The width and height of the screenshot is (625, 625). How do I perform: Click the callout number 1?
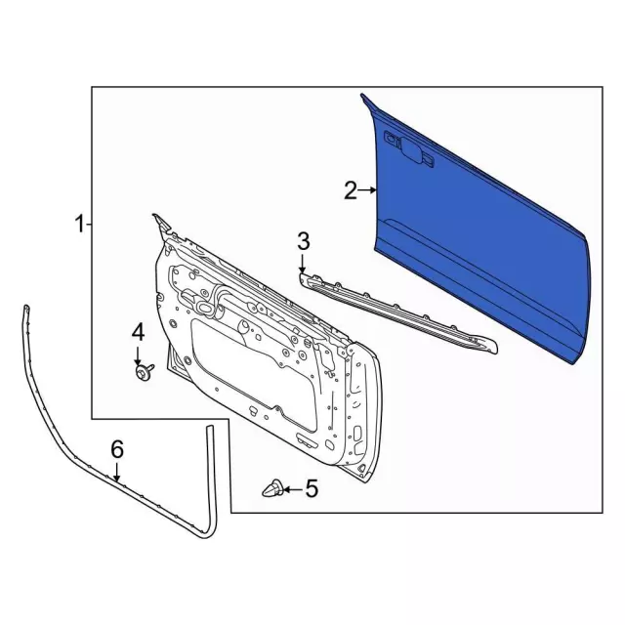80,224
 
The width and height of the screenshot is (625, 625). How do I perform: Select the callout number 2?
351,190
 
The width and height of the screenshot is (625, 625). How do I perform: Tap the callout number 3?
303,242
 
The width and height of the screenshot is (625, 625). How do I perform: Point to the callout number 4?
138,332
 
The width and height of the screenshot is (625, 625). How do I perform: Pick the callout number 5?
312,488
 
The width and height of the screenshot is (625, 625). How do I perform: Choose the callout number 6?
117,449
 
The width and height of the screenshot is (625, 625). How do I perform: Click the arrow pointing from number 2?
367,190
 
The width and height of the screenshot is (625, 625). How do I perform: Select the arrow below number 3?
302,264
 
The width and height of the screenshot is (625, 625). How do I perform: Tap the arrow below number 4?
138,355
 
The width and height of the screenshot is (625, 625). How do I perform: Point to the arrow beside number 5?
292,489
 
